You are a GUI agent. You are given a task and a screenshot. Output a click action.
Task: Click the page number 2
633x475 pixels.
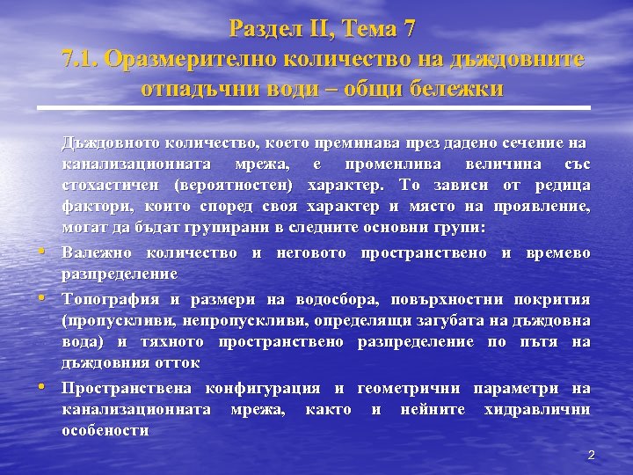click(591, 455)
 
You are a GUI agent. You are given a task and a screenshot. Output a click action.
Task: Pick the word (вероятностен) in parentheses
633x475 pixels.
click(241, 186)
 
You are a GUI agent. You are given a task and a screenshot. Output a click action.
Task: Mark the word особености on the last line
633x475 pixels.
click(105, 431)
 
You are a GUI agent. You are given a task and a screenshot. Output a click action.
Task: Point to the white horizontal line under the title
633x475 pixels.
click(316, 108)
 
